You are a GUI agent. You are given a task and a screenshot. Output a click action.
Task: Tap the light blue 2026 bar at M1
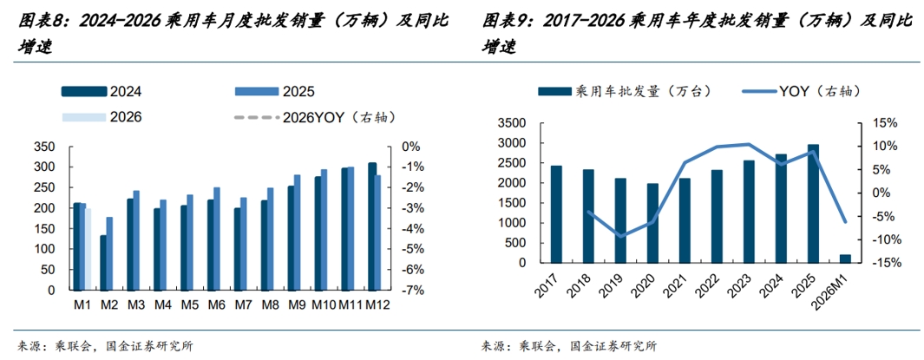click(88, 248)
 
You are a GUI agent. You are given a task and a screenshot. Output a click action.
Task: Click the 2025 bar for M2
click(108, 252)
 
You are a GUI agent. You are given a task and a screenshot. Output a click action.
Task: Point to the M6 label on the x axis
click(217, 304)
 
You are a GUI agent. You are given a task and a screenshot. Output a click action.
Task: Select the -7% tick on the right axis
click(409, 290)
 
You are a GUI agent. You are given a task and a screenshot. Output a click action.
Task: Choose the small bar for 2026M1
click(845, 259)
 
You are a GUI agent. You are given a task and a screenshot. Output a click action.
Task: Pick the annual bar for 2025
click(813, 204)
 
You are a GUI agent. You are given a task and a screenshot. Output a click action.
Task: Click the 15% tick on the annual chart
click(881, 123)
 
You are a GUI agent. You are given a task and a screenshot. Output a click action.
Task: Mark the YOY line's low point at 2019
click(620, 236)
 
